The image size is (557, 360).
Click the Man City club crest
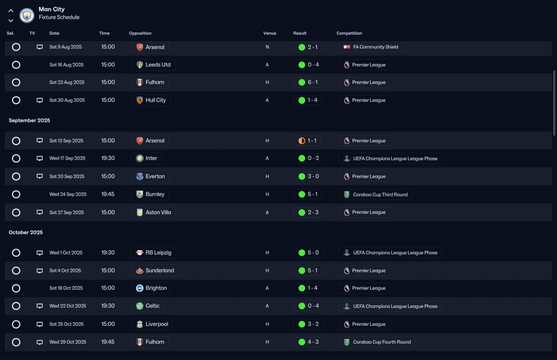tap(27, 15)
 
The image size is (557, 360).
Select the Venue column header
tap(269, 33)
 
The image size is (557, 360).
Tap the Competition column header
tap(349, 33)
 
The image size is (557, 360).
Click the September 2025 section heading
tap(29, 120)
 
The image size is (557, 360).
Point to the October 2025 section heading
tap(26, 232)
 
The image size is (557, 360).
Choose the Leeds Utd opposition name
tap(158, 65)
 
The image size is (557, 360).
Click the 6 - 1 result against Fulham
tap(312, 82)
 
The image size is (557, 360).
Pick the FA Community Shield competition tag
tap(370, 47)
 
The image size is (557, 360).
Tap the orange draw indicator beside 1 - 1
tap(302, 141)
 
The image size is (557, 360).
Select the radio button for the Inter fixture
tap(16, 158)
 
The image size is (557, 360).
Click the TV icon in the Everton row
tap(40, 176)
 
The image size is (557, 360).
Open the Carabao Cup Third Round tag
tap(375, 194)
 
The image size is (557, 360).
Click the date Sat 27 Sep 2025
tap(67, 213)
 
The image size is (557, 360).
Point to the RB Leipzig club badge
tap(140, 253)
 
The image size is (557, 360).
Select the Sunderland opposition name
tap(160, 270)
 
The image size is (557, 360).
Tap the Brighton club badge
tap(140, 288)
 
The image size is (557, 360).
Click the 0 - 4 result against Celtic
tap(313, 306)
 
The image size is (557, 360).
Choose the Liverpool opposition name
tap(157, 324)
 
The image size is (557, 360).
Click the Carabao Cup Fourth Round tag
tap(377, 342)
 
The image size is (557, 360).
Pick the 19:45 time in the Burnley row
tap(107, 194)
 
